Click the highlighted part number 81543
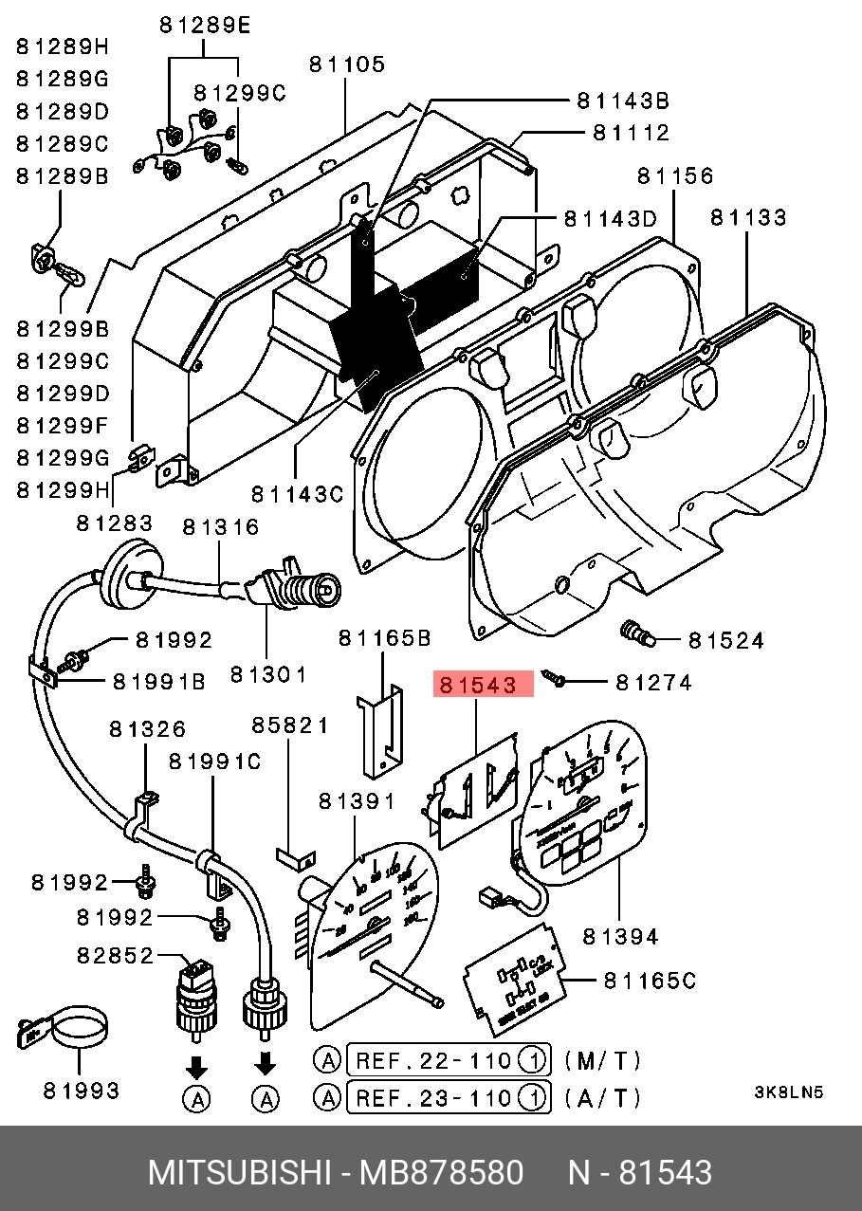tap(484, 685)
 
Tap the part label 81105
tap(346, 64)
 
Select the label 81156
tap(675, 176)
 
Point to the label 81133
tap(748, 218)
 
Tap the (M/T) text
tap(601, 1060)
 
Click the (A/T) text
tap(601, 1098)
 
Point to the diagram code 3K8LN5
tap(789, 1092)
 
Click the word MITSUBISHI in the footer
tap(236, 1173)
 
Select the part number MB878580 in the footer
tap(441, 1173)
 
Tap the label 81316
tap(221, 526)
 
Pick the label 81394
tap(620, 937)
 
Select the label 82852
tap(115, 955)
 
